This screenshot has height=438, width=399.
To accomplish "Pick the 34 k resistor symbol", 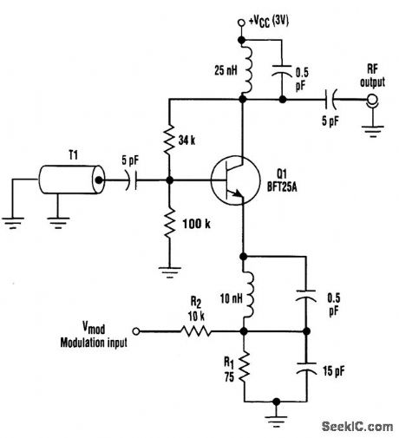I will click(169, 138).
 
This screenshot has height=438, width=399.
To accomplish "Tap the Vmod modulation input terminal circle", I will click(134, 330).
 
